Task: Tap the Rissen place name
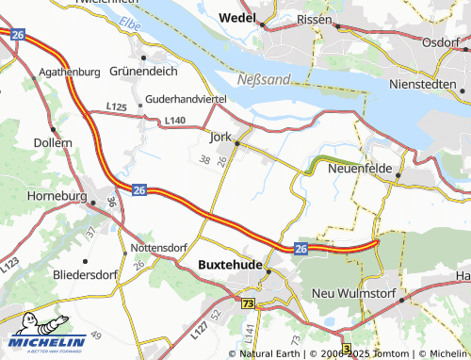coord(313,19)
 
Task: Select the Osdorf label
coord(441,41)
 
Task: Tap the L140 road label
coord(175,121)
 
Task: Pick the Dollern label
coord(52,142)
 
